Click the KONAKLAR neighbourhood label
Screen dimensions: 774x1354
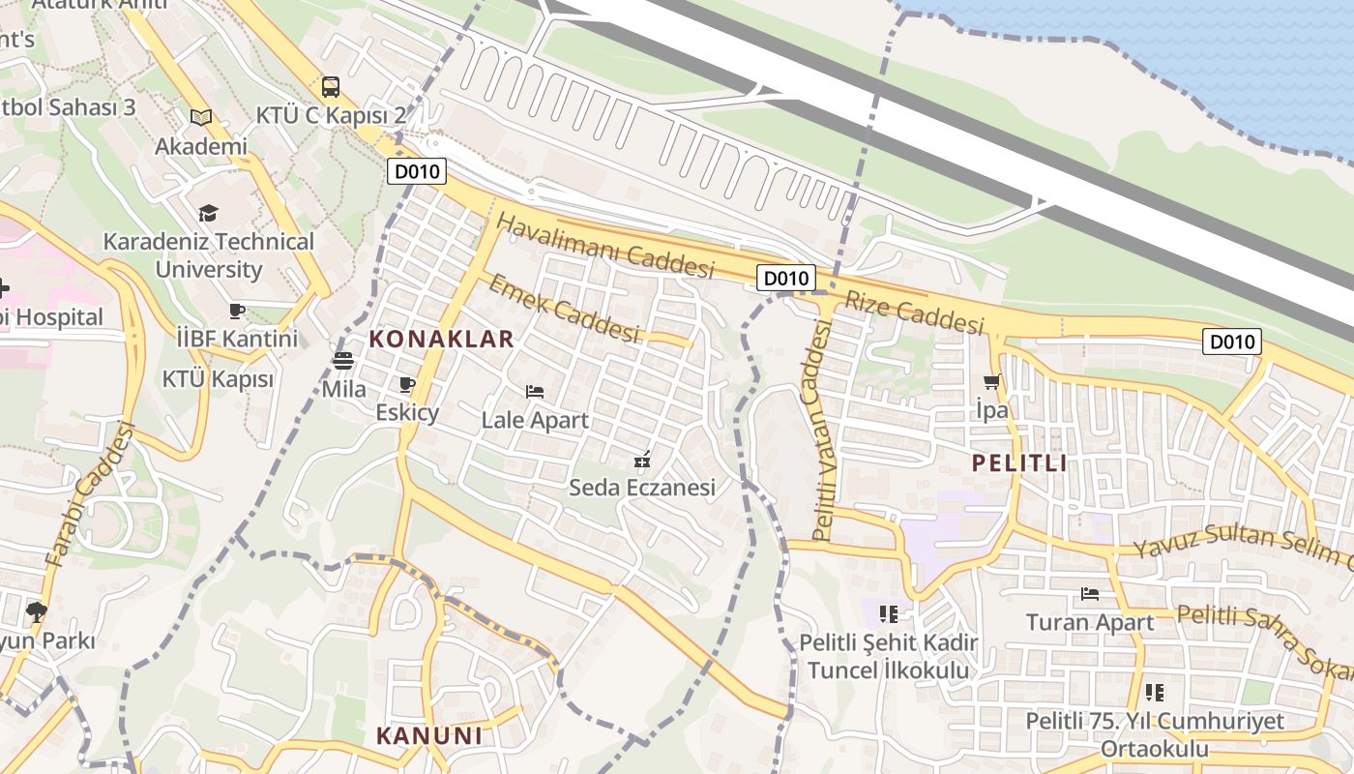(x=440, y=339)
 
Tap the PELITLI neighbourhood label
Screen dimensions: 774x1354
(x=1019, y=462)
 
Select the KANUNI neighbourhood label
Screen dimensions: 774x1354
(x=428, y=735)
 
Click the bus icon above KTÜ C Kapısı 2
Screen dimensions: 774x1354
(x=331, y=87)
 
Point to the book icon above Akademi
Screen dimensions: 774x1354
(x=201, y=117)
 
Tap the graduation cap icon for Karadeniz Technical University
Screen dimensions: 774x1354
(x=208, y=213)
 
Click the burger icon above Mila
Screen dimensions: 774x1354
(x=343, y=361)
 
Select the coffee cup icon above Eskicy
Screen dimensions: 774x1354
(x=407, y=384)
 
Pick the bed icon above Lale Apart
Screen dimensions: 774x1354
(x=534, y=392)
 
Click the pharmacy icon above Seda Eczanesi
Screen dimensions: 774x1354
(x=641, y=460)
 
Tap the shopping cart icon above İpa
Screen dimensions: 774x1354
(x=991, y=381)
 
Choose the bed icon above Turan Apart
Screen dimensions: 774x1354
(x=1090, y=593)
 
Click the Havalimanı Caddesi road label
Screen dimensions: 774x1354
(x=604, y=246)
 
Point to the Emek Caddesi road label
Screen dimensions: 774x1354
(x=564, y=308)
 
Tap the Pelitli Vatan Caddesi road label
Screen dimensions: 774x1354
(x=823, y=431)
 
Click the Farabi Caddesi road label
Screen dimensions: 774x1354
(x=89, y=495)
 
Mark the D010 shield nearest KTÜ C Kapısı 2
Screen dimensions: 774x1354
(x=418, y=172)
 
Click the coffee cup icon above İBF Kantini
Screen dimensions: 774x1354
(x=237, y=311)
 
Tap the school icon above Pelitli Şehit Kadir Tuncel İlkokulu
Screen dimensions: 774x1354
(x=889, y=613)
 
